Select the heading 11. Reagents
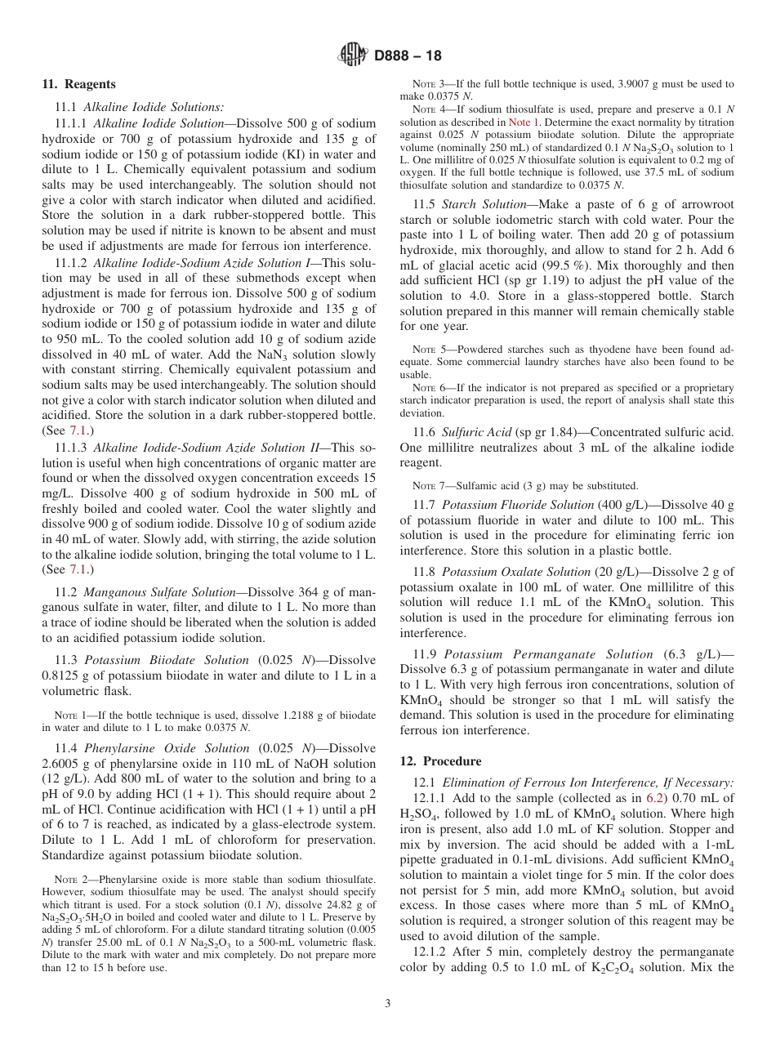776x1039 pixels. coord(78,84)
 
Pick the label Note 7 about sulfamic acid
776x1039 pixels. coord(430,485)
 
